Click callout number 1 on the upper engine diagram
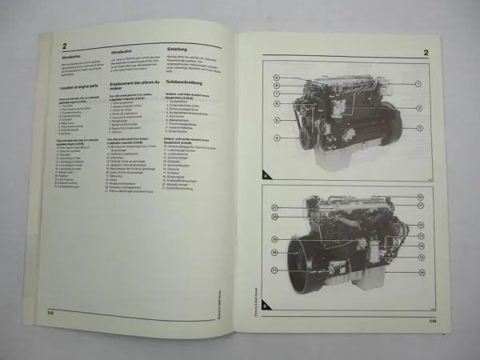(x=418, y=83)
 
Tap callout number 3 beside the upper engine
(x=419, y=127)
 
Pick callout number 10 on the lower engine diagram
(x=419, y=197)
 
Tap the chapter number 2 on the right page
(x=427, y=54)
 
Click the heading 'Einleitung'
(x=181, y=49)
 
